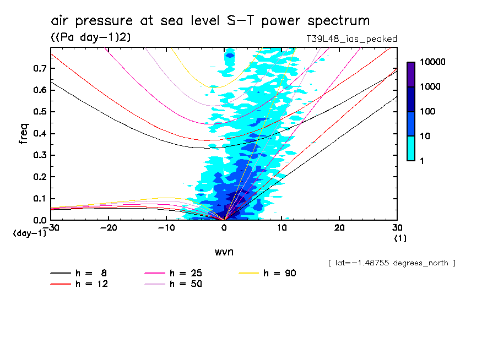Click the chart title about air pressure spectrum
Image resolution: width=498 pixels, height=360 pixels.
[x=210, y=21]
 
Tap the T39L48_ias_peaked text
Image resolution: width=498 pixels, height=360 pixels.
[x=351, y=39]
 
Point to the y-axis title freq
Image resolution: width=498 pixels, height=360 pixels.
[x=24, y=134]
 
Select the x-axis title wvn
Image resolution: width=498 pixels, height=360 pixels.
[x=224, y=252]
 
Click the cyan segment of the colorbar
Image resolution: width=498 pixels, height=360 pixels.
[x=411, y=148]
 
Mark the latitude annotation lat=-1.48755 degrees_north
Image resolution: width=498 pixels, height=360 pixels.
[x=391, y=263]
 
